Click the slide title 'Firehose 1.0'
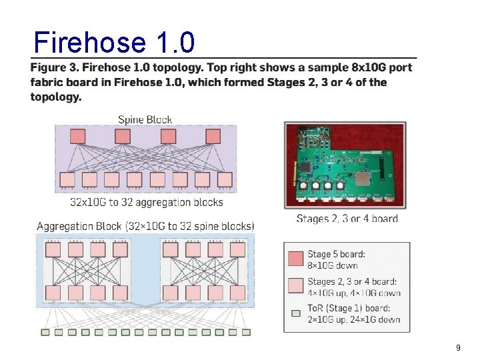click(114, 43)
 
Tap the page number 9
click(458, 347)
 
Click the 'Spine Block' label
click(145, 120)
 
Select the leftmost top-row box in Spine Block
click(77, 137)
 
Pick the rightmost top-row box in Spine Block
click(213, 137)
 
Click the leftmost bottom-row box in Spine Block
click(67, 179)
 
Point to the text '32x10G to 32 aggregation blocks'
click(147, 202)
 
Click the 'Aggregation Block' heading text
click(79, 226)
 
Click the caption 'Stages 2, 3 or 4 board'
click(347, 219)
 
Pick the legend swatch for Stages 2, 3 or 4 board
click(295, 286)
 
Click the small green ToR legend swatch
click(295, 313)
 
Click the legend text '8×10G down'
click(333, 265)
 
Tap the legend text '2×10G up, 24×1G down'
click(353, 319)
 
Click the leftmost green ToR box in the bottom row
click(45, 332)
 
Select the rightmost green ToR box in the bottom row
click(246, 332)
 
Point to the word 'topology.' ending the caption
click(56, 97)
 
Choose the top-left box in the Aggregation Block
click(53, 249)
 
